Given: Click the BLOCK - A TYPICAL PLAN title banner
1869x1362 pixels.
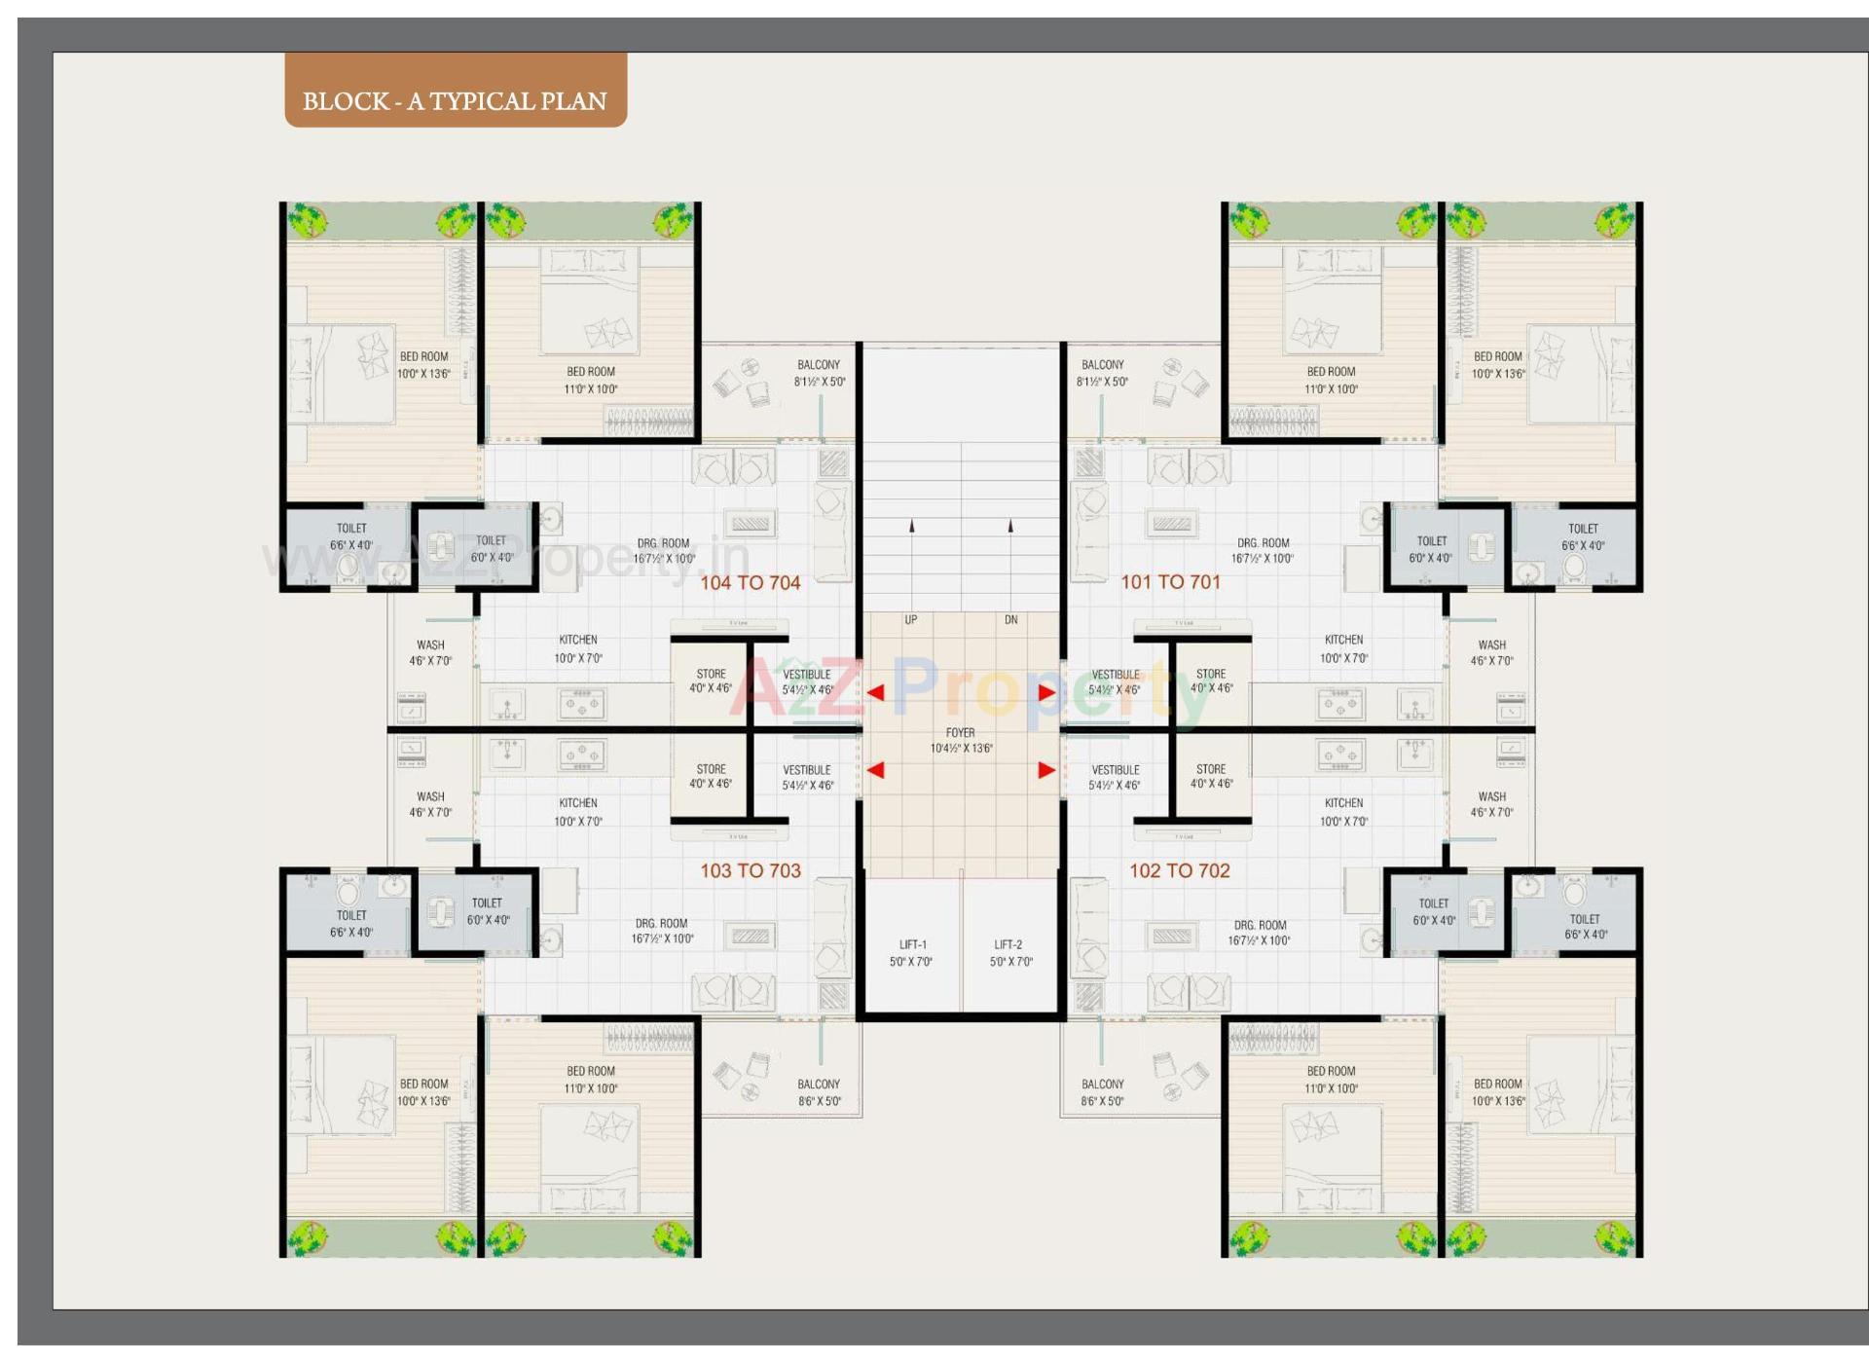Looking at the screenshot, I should [x=455, y=100].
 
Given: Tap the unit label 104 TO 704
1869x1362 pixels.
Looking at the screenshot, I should [x=750, y=582].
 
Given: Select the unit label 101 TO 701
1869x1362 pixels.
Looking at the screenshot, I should [x=1170, y=581].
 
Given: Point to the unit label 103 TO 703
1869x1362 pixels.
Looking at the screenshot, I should [x=750, y=870].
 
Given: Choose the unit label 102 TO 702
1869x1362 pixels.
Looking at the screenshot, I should [x=1179, y=870].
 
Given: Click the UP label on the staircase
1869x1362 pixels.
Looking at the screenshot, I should [x=911, y=619].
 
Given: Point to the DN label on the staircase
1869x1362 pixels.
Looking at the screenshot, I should [x=1010, y=619].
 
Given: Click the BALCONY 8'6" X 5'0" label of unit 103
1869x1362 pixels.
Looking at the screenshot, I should [x=819, y=1092].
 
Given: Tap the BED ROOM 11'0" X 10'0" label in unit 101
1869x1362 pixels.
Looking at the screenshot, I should [x=1331, y=380].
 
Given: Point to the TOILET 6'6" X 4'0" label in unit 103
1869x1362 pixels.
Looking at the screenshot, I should [x=351, y=923].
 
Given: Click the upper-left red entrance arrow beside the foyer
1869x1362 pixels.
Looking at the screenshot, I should [x=875, y=692].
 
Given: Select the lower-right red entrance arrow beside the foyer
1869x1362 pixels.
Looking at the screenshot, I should [x=1046, y=770].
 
